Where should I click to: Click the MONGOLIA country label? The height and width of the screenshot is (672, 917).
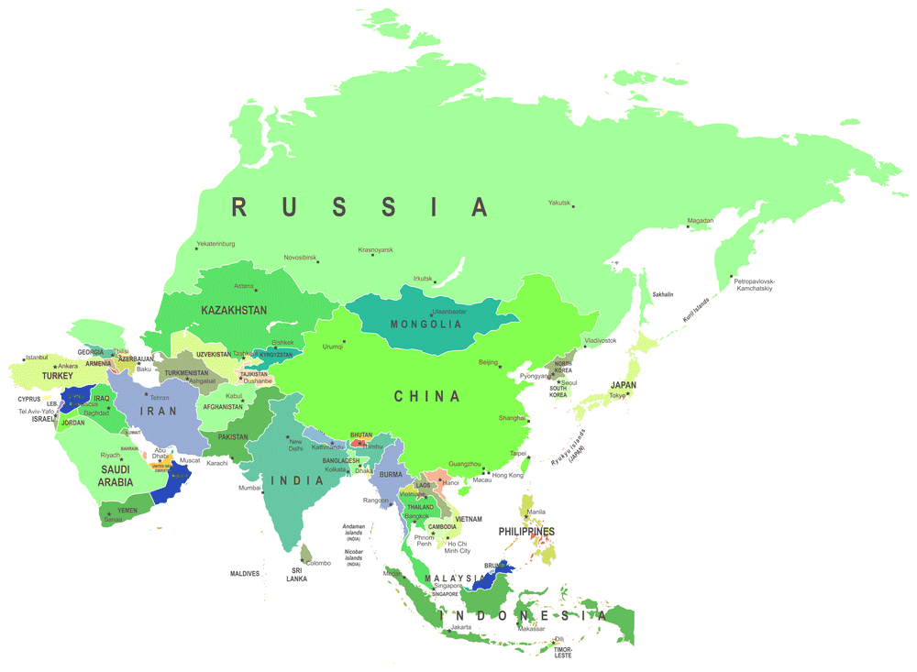click(425, 325)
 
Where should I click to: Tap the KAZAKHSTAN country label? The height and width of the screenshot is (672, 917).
click(234, 311)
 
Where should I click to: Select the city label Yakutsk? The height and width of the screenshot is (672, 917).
click(559, 203)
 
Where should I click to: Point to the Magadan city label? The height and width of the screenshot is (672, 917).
click(701, 221)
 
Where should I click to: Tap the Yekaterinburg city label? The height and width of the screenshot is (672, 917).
click(215, 244)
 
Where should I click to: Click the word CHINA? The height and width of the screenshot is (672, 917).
click(426, 396)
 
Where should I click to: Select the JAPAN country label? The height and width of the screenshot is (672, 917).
click(624, 385)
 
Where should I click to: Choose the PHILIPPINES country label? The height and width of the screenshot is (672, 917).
click(525, 532)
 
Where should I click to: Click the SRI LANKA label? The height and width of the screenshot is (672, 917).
click(296, 575)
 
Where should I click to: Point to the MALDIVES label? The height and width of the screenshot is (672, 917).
click(245, 574)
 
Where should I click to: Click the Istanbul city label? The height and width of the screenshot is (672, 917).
click(37, 357)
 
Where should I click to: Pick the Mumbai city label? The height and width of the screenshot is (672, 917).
click(250, 488)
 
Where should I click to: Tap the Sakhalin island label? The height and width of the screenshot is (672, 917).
click(662, 295)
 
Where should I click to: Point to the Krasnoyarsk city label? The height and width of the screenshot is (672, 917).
click(375, 249)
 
